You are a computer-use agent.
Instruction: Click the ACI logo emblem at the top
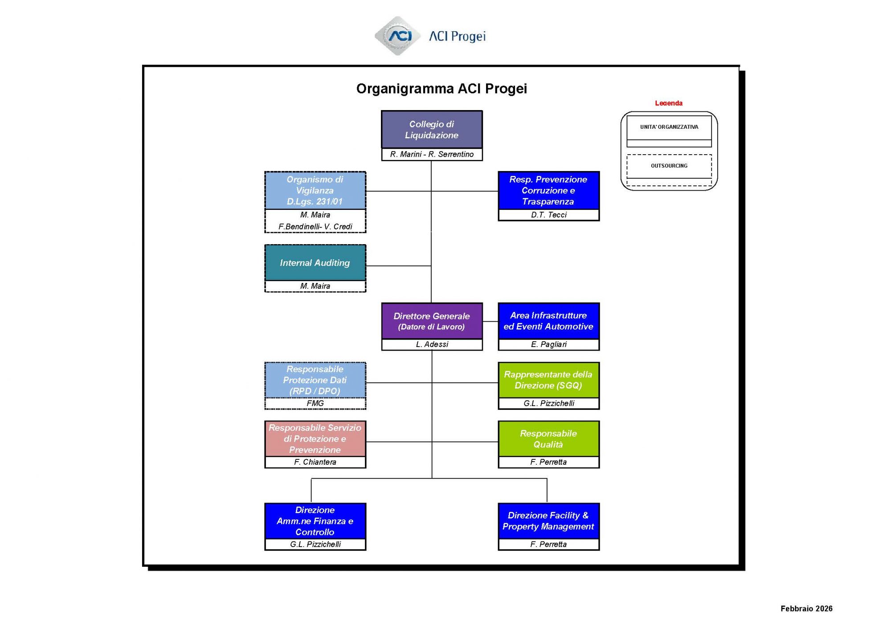(x=398, y=36)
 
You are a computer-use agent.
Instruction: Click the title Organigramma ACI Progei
(x=441, y=89)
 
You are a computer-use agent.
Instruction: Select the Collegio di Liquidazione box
(x=432, y=130)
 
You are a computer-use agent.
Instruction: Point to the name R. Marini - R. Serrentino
(x=432, y=154)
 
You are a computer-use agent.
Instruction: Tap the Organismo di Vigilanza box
(x=315, y=191)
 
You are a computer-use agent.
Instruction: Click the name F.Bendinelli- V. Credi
(x=315, y=226)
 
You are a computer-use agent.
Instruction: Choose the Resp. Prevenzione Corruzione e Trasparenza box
(x=548, y=191)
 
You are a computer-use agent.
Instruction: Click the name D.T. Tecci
(x=548, y=215)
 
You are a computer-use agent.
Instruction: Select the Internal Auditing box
(x=315, y=263)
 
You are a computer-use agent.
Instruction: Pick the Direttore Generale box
(x=432, y=321)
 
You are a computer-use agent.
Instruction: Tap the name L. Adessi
(x=432, y=344)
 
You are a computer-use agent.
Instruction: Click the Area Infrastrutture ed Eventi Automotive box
(x=548, y=321)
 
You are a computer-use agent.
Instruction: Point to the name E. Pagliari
(x=548, y=344)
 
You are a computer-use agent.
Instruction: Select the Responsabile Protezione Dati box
(x=315, y=380)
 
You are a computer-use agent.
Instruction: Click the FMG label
(x=315, y=403)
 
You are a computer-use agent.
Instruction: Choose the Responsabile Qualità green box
(x=548, y=439)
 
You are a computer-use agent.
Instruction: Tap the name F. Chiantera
(x=315, y=462)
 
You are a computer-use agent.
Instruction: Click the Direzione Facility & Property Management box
(x=548, y=521)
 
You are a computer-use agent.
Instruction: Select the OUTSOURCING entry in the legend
(x=669, y=166)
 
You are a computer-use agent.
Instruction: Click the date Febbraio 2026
(x=806, y=609)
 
